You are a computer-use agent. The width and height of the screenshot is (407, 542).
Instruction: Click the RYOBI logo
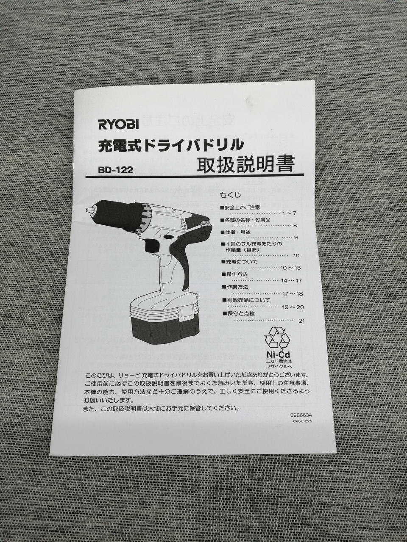pyautogui.click(x=119, y=124)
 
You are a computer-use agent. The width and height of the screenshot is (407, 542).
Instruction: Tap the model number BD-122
pyautogui.click(x=115, y=170)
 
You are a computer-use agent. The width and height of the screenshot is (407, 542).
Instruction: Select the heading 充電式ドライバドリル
pyautogui.click(x=171, y=145)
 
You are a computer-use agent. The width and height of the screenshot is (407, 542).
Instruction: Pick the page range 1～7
pyautogui.click(x=289, y=213)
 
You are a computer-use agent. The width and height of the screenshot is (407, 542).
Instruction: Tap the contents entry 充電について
pyautogui.click(x=240, y=262)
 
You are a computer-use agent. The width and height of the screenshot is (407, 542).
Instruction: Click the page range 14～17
pyautogui.click(x=291, y=281)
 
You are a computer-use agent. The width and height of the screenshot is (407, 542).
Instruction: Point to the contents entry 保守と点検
pyautogui.click(x=238, y=314)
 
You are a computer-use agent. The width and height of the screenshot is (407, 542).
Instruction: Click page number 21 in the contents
pyautogui.click(x=301, y=321)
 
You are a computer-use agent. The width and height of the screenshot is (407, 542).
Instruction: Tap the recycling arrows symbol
pyautogui.click(x=277, y=338)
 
